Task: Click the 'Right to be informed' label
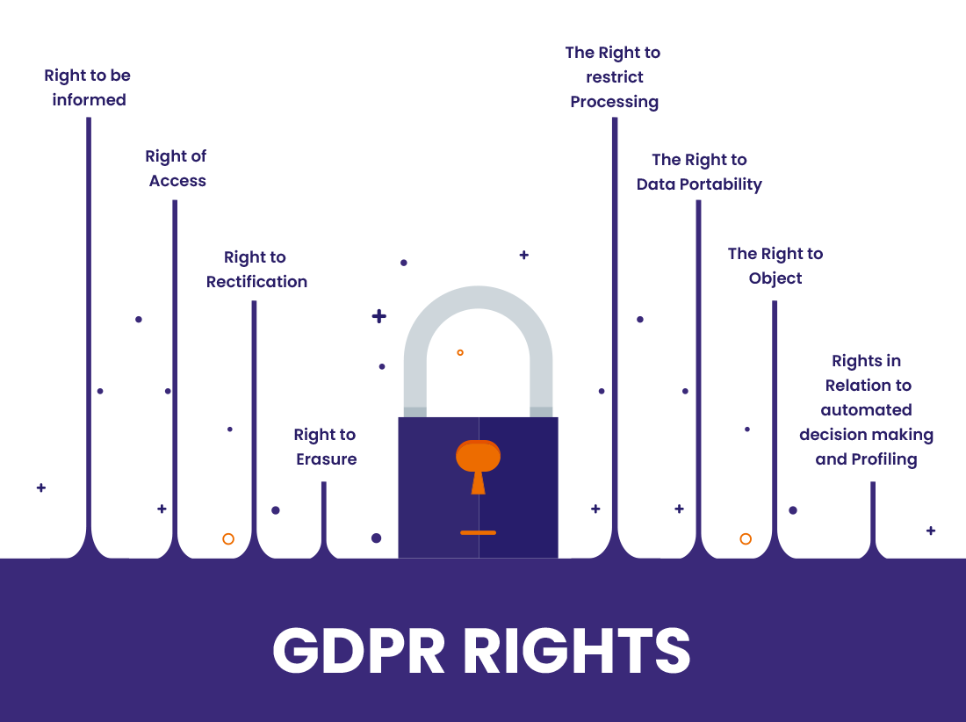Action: (x=88, y=88)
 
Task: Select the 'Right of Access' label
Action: (x=177, y=169)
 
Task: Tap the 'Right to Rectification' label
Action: (x=256, y=270)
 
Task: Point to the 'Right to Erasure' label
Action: (x=326, y=447)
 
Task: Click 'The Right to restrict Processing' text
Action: (x=614, y=77)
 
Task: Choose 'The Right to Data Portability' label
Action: (x=699, y=172)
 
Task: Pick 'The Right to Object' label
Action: (x=775, y=266)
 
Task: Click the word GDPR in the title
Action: (x=359, y=651)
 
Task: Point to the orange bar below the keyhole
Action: (x=478, y=532)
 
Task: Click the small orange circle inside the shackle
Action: (x=460, y=352)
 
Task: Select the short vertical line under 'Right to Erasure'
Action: (x=324, y=514)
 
